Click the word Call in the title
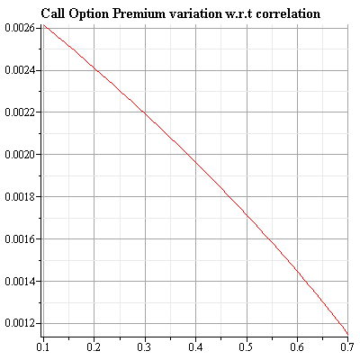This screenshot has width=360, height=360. coord(55,14)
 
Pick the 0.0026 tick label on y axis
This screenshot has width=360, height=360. coord(19,28)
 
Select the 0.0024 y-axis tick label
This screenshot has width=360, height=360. coord(19,70)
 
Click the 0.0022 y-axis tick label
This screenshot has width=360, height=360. coord(19,112)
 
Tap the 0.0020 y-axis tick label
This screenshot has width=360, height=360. coord(19,155)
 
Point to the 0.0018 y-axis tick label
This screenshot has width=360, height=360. coord(19,197)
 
